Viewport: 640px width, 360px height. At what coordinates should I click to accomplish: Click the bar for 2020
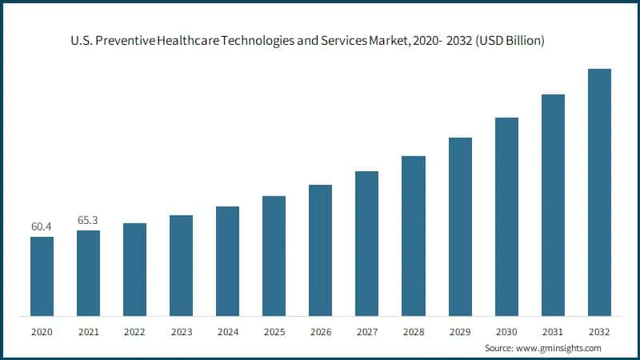click(x=42, y=275)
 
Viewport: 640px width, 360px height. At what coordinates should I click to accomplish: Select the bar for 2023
click(x=181, y=265)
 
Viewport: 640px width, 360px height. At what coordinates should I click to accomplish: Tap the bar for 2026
click(x=320, y=250)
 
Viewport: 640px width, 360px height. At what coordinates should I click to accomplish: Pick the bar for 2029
click(x=460, y=226)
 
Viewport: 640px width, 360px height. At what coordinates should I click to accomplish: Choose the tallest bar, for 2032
click(x=599, y=191)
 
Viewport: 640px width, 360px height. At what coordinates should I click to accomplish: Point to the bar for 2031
click(x=553, y=204)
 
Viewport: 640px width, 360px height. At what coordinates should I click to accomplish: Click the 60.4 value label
click(x=42, y=227)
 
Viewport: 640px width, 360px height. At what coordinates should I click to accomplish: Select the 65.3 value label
click(x=88, y=219)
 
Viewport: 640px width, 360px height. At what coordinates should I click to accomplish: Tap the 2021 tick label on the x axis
click(x=88, y=330)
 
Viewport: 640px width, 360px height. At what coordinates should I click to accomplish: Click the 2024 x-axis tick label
click(x=227, y=330)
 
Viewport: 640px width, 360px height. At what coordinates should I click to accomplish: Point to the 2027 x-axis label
click(x=366, y=330)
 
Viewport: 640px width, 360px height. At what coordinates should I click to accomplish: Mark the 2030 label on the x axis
click(x=506, y=330)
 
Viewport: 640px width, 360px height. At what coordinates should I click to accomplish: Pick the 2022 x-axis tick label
click(x=134, y=330)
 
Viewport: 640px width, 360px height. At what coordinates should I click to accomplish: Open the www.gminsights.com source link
click(x=558, y=348)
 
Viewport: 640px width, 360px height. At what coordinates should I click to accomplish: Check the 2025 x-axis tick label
click(x=274, y=330)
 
